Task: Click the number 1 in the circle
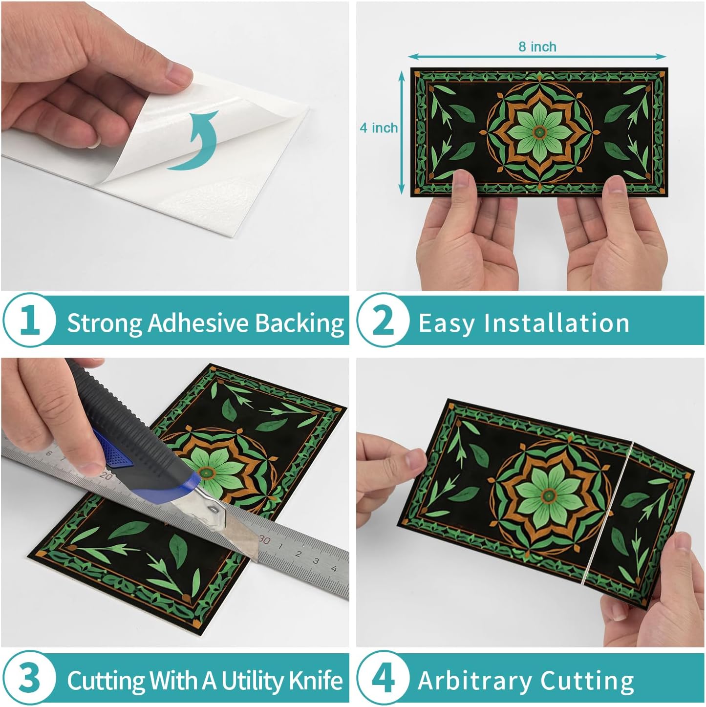point(29,321)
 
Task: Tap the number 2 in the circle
point(383,321)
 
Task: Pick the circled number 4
point(383,678)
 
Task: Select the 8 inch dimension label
point(537,46)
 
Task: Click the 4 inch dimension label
point(378,128)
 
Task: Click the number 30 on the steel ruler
point(264,540)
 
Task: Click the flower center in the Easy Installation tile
point(539,131)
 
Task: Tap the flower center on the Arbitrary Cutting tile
point(549,495)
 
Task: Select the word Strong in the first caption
point(105,323)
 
